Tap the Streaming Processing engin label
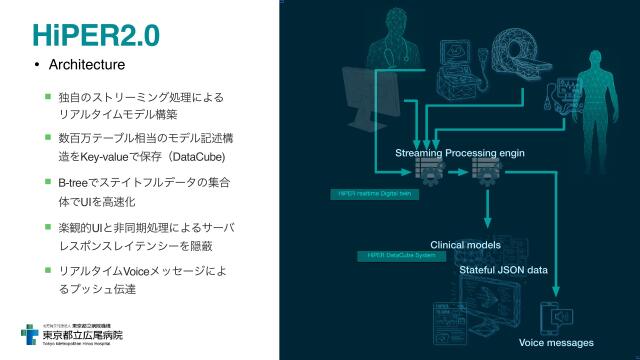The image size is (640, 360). pyautogui.click(x=460, y=153)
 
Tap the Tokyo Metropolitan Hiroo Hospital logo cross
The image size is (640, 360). pyautogui.click(x=32, y=336)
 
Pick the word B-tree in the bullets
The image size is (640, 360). pyautogui.click(x=76, y=184)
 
